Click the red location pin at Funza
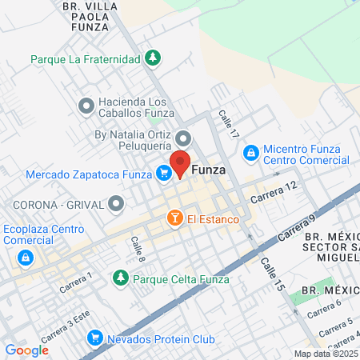pyautogui.click(x=181, y=162)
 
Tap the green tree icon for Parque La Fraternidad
pyautogui.click(x=152, y=58)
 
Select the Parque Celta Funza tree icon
pyautogui.click(x=120, y=278)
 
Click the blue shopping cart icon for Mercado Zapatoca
pyautogui.click(x=163, y=172)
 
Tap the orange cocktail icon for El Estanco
pyautogui.click(x=174, y=217)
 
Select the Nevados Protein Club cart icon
pyautogui.click(x=95, y=338)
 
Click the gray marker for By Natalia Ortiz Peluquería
pyautogui.click(x=183, y=137)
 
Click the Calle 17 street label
pyautogui.click(x=230, y=125)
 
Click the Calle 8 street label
pyautogui.click(x=138, y=250)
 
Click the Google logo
pyautogui.click(x=26, y=350)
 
